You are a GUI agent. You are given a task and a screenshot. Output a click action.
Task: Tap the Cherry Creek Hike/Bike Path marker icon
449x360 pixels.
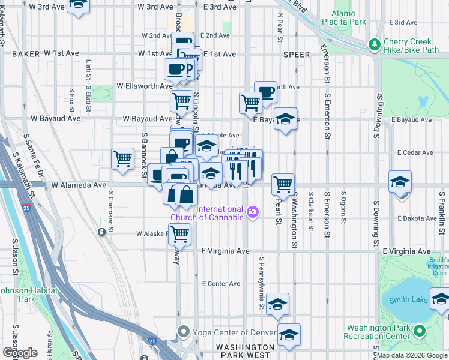pos(374,45)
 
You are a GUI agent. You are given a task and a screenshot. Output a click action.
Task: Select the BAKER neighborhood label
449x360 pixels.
pos(25,54)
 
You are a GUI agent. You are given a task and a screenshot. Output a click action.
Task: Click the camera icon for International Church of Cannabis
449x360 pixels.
pos(253,211)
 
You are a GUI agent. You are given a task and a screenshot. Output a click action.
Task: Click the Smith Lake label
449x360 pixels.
pos(408,300)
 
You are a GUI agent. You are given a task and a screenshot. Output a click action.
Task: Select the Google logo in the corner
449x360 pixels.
pos(19,353)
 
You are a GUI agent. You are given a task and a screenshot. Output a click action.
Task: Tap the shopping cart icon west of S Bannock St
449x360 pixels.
pos(123,159)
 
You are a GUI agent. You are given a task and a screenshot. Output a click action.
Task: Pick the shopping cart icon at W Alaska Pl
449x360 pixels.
pos(179,235)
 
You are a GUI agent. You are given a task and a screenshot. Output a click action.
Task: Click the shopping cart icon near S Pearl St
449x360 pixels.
pos(283,183)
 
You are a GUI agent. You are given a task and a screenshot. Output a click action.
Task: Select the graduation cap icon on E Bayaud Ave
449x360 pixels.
pos(286,118)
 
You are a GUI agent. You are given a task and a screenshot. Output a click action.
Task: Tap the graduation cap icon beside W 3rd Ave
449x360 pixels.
pos(78,5)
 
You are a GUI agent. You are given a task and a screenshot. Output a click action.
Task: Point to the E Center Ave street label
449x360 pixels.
pos(221,283)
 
